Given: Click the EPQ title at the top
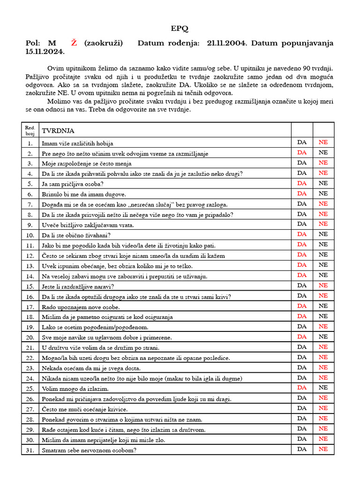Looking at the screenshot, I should pyautogui.click(x=180, y=29).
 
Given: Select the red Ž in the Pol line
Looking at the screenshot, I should pyautogui.click(x=74, y=43).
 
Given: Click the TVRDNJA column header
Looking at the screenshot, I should pyautogui.click(x=58, y=130).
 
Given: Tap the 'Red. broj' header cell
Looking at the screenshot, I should pyautogui.click(x=30, y=130).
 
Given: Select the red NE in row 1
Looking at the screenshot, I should pyautogui.click(x=323, y=142).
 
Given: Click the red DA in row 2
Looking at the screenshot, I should pyautogui.click(x=302, y=152).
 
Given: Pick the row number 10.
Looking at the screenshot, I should pyautogui.click(x=30, y=235).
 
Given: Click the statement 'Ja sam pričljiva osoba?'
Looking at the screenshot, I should pyautogui.click(x=73, y=184).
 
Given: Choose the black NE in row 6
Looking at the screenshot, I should pyautogui.click(x=323, y=193).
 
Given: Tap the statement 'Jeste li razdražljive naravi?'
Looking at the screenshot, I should pyautogui.click(x=78, y=286).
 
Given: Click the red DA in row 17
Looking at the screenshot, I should pyautogui.click(x=302, y=306).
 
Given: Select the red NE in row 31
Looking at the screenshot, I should pyautogui.click(x=323, y=449).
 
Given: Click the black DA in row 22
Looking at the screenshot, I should pyautogui.click(x=302, y=357).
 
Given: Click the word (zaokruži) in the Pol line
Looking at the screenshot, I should pyautogui.click(x=104, y=43).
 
